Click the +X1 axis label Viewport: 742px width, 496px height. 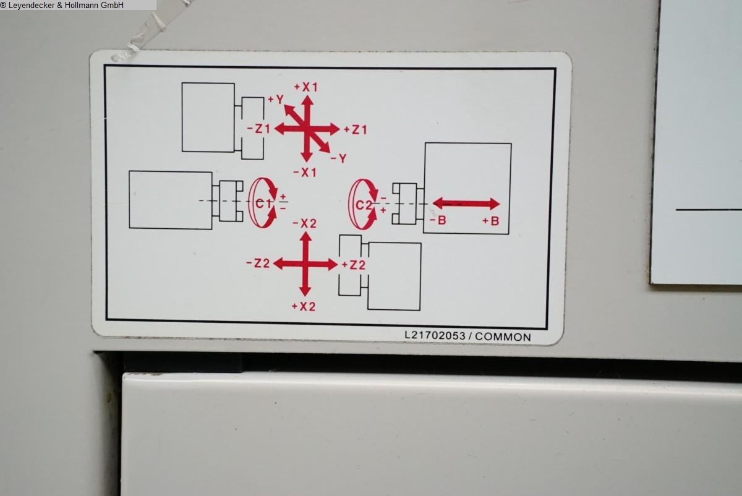tap(305, 87)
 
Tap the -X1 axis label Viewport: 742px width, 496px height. tap(305, 173)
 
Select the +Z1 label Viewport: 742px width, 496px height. tap(356, 129)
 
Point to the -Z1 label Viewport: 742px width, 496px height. tap(258, 129)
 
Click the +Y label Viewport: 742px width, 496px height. tap(276, 99)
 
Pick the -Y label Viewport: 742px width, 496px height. tap(339, 158)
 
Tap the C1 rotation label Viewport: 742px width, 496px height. tap(263, 203)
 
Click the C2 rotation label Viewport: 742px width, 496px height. tap(364, 205)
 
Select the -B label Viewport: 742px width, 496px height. tap(438, 220)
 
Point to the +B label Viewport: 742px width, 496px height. tap(490, 221)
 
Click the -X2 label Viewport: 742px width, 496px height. tap(304, 223)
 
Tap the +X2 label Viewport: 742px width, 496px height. tap(304, 307)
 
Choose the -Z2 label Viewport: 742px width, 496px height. tap(258, 263)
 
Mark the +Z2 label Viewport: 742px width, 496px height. tap(354, 265)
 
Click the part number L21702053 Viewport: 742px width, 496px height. tap(435, 335)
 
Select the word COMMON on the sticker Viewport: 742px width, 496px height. tap(503, 337)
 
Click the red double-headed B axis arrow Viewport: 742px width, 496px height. tap(466, 203)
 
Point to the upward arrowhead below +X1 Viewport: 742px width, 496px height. tap(307, 101)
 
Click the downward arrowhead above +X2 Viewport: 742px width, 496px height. tap(305, 291)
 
